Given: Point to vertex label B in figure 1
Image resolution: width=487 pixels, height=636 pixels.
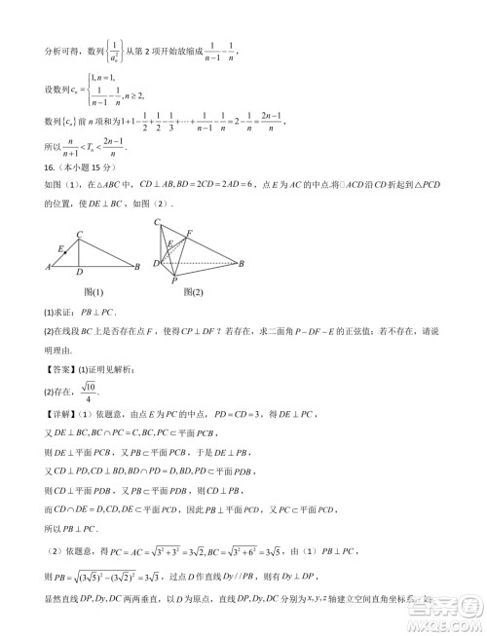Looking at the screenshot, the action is click(136, 267).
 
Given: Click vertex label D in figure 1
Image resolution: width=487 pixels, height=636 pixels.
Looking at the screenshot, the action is click(79, 274).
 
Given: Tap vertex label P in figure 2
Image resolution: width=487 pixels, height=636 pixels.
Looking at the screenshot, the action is click(174, 281).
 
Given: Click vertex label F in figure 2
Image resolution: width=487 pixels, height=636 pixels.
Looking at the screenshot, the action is click(189, 232).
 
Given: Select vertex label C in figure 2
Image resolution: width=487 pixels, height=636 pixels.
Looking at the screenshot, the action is click(158, 223).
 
